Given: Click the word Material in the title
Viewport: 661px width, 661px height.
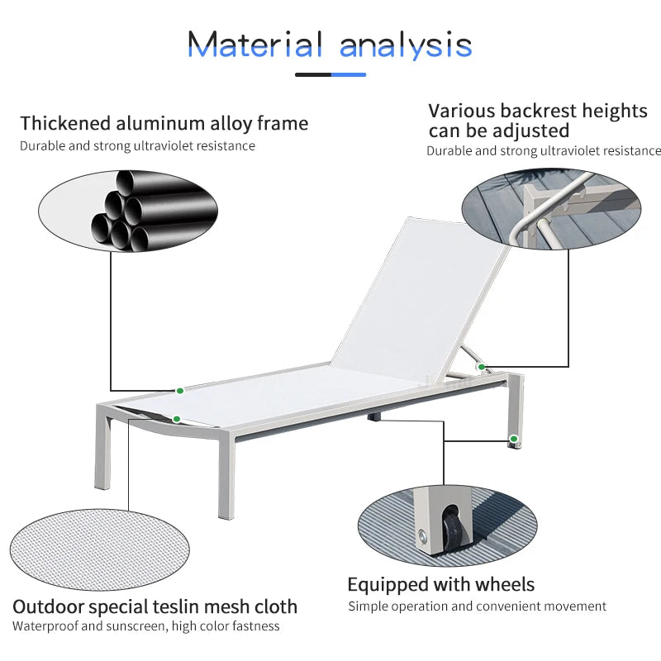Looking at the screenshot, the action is pos(254,45).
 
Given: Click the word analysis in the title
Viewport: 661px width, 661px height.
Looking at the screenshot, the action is pos(406,46).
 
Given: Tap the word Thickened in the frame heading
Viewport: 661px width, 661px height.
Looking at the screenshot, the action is pos(65,123).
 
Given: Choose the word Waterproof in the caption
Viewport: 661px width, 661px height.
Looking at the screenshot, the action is pos(45,626).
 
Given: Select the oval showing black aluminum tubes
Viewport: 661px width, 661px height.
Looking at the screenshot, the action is pos(128,212).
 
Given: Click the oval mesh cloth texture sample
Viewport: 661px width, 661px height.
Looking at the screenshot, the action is pos(99,549).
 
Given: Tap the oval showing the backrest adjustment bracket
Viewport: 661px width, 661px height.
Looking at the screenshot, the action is pos(551,209).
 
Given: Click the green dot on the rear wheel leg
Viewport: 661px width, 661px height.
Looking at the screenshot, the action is pos(513,439).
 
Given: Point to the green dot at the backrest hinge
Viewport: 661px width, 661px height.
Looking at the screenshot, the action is pos(482,367).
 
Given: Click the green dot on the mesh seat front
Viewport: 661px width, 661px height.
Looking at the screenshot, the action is pos(177,419).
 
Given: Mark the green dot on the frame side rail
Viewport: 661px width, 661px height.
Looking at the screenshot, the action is pos(180,391).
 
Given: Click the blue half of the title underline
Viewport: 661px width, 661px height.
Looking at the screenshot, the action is pos(349,74).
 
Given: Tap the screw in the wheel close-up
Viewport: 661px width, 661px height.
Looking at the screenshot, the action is pos(422,536).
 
